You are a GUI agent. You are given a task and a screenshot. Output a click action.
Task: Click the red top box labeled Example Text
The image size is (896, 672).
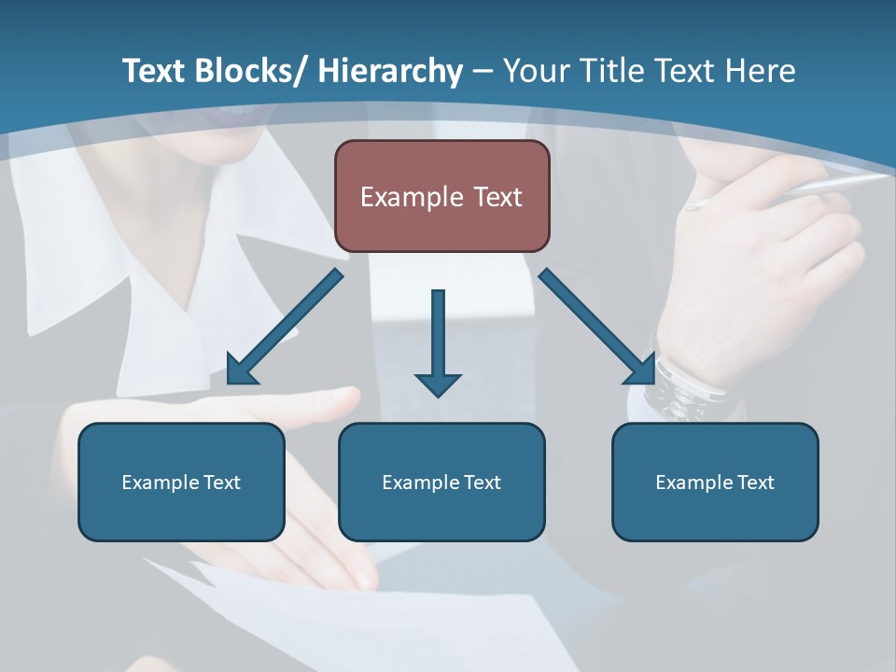point(441,196)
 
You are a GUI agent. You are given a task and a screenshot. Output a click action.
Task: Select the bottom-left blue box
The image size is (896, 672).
point(181,482)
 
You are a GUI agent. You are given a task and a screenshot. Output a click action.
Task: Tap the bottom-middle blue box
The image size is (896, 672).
point(441,482)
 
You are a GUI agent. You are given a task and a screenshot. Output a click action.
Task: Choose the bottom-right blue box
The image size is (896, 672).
point(715,482)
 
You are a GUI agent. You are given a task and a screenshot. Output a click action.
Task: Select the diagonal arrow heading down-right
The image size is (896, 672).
point(597,327)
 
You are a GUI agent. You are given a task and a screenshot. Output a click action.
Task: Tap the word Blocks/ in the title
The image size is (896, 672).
point(249,71)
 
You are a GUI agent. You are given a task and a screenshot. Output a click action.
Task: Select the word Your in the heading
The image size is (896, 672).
point(535,71)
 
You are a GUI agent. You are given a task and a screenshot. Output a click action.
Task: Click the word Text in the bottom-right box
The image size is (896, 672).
point(755,482)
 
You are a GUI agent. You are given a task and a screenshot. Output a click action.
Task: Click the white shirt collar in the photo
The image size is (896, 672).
point(168,271)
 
